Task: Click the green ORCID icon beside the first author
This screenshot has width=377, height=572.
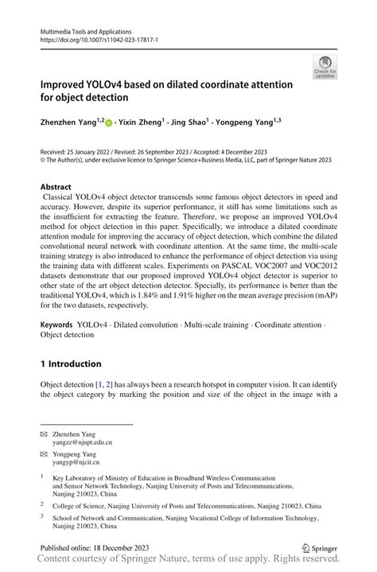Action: point(108,124)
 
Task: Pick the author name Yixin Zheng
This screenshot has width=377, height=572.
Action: point(140,123)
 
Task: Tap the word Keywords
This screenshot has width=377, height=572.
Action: point(56,325)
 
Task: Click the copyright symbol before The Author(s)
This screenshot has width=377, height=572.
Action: point(43,159)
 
